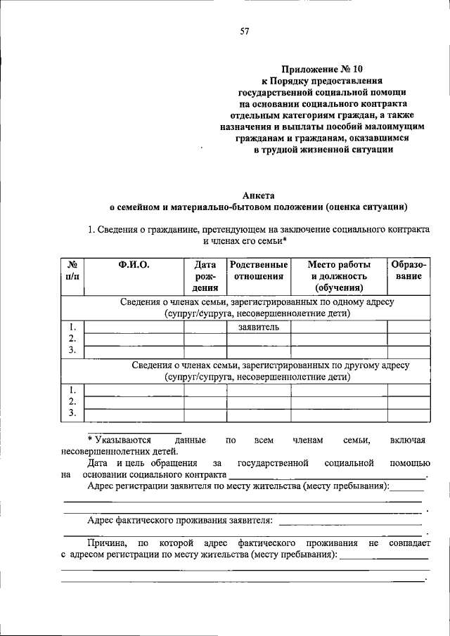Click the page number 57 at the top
coord(244,31)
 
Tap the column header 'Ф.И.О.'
coord(134,265)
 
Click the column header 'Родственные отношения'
coord(258,271)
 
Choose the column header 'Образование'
coord(409,271)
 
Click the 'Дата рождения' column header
coord(205,275)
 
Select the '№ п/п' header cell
coord(72,271)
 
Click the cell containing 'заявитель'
coord(258,327)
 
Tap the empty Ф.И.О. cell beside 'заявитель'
coord(134,327)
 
